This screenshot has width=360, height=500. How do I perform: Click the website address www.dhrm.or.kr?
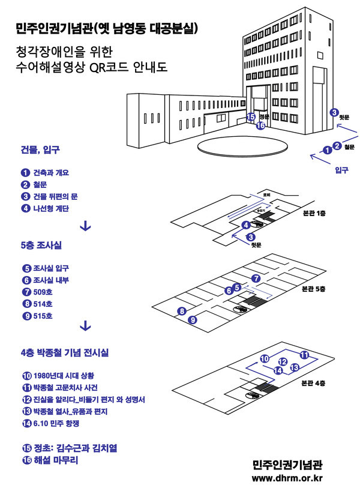click(287, 478)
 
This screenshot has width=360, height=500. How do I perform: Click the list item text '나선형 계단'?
click(51, 208)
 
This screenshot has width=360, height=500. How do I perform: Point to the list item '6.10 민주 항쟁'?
click(58, 424)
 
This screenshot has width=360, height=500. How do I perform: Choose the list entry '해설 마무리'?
click(56, 461)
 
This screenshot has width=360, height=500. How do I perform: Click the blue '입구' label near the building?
click(341, 170)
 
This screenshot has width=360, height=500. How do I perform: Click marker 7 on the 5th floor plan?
click(256, 278)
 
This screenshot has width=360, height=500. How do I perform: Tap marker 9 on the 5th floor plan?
click(193, 320)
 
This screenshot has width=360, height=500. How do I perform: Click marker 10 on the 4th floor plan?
click(265, 359)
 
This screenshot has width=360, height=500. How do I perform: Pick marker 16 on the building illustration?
click(260, 125)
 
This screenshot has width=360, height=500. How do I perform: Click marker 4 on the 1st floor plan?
click(245, 225)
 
